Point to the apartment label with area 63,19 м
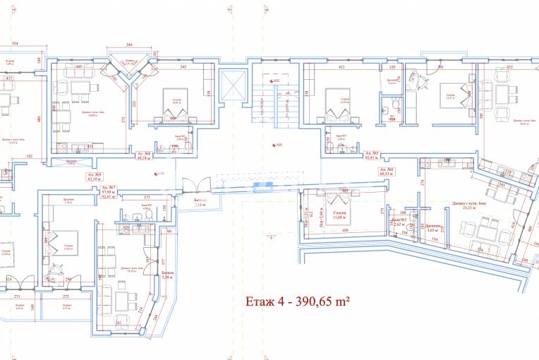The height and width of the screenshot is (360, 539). point(93,176)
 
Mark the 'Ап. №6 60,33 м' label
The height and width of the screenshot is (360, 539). point(385,173)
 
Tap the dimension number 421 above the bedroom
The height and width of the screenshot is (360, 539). point(341,67)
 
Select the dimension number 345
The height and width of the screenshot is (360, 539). point(183,67)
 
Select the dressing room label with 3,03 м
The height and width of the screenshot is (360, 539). point(433,227)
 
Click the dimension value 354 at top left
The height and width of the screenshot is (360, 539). point(15,44)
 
